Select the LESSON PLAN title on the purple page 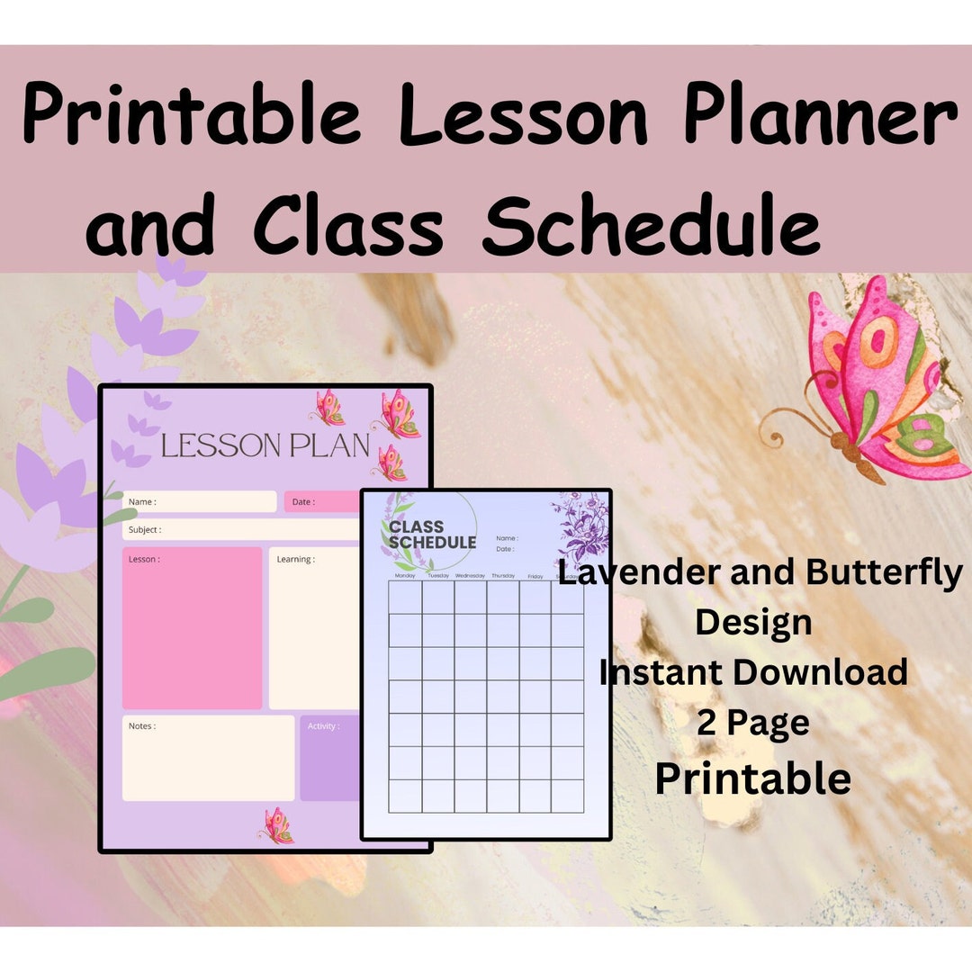[x=265, y=445]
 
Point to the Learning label [x=295, y=559]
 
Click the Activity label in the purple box [x=324, y=726]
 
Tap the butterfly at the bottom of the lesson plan [x=277, y=825]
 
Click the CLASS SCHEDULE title [x=432, y=535]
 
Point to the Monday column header [x=405, y=576]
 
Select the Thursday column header [x=503, y=576]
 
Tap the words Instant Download [x=753, y=671]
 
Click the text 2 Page [x=752, y=723]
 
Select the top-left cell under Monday [x=405, y=598]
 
